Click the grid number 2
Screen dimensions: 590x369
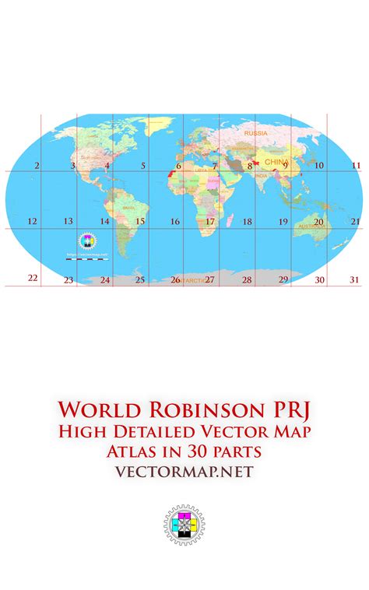pyautogui.click(x=37, y=166)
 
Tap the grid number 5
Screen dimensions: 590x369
pyautogui.click(x=143, y=166)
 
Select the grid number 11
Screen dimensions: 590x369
pyautogui.click(x=356, y=166)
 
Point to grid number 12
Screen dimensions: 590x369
pyautogui.click(x=32, y=222)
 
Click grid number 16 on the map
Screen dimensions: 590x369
pyautogui.click(x=175, y=222)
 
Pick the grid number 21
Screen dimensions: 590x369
pyautogui.click(x=355, y=222)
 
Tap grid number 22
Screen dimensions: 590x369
pyautogui.click(x=33, y=278)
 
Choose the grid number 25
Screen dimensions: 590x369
pyautogui.click(x=140, y=279)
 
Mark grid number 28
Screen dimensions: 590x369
pyautogui.click(x=247, y=279)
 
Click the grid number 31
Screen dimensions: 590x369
pyautogui.click(x=354, y=279)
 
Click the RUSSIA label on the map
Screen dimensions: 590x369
pyautogui.click(x=255, y=133)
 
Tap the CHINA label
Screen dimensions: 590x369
pyautogui.click(x=276, y=162)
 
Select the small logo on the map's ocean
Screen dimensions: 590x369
pyautogui.click(x=87, y=241)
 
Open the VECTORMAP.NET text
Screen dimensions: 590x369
pyautogui.click(x=184, y=471)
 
